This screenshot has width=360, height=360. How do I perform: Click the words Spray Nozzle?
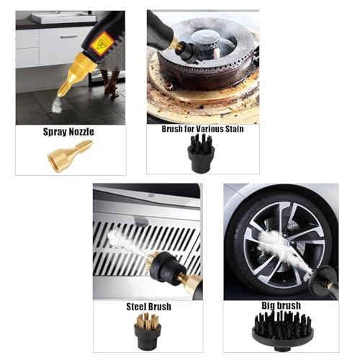pos(68,132)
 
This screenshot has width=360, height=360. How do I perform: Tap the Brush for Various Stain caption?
pos(202,129)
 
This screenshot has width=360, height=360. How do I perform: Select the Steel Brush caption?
pos(149,307)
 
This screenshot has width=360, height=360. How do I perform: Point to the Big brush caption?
pos(281,305)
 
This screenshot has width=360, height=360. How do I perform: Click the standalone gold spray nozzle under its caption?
pos(70,156)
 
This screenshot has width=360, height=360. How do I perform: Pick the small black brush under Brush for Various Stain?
pos(201,153)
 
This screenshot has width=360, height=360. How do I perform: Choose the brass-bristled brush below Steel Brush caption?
pos(148,330)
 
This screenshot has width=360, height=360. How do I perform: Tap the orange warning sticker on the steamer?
pos(102,44)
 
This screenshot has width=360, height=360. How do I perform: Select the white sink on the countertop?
pos(63,17)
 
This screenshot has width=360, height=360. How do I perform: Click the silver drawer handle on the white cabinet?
pos(69,37)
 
